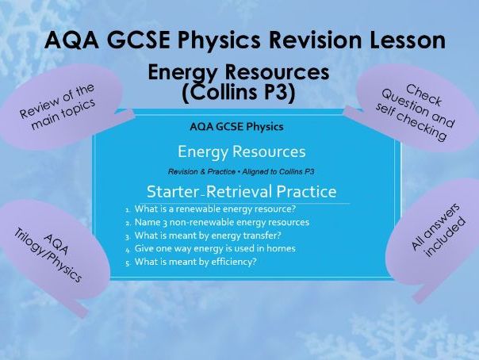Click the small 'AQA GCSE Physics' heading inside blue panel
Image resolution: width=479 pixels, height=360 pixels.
pyautogui.click(x=236, y=126)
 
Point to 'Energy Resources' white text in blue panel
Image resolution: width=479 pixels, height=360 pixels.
pyautogui.click(x=241, y=151)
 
